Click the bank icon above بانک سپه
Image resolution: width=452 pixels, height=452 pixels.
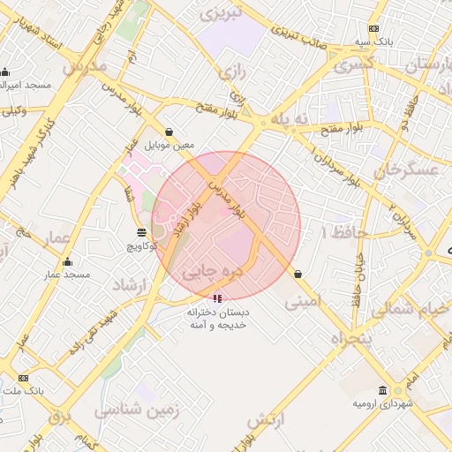[373, 28]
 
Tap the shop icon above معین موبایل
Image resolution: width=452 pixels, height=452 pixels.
[169, 132]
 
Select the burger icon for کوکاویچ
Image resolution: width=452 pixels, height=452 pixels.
[141, 232]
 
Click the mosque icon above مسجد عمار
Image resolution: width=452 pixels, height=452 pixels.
[67, 261]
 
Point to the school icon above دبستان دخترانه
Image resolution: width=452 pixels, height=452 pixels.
[218, 298]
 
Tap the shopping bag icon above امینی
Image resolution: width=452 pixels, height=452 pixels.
[298, 274]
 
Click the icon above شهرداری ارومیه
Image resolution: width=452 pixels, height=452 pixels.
[382, 390]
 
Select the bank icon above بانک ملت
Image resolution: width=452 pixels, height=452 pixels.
[23, 377]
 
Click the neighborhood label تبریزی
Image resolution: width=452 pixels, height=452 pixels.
[220, 15]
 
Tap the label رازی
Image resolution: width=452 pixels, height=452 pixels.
[234, 70]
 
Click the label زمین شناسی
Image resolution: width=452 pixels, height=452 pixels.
[139, 411]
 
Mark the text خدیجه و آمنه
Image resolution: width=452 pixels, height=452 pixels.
[218, 326]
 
